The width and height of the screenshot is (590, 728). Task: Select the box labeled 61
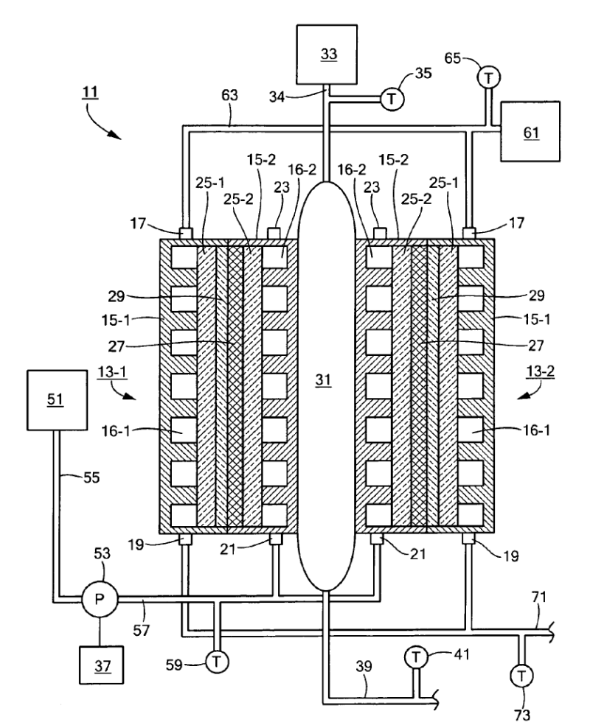(x=530, y=132)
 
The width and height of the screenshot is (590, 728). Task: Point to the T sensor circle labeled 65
(x=487, y=75)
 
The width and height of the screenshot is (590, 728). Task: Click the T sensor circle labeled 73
(x=523, y=673)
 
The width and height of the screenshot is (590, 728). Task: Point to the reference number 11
(x=94, y=94)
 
